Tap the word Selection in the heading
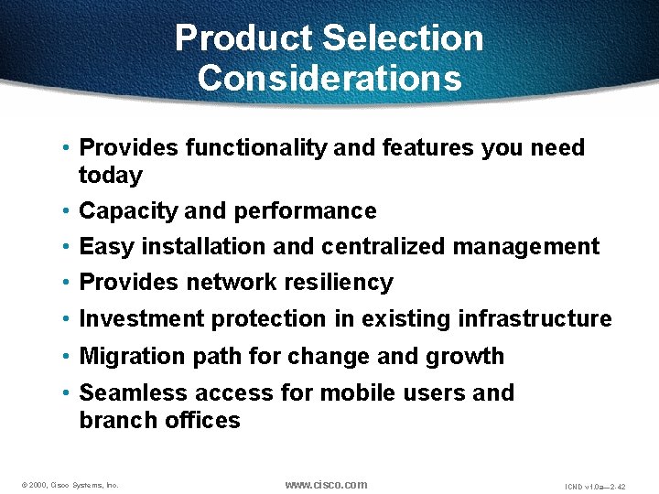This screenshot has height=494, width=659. [403, 38]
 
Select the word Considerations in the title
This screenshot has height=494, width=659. [329, 78]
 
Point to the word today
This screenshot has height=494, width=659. [111, 176]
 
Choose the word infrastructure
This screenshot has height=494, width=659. [535, 319]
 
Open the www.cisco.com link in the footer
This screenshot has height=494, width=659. [326, 485]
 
